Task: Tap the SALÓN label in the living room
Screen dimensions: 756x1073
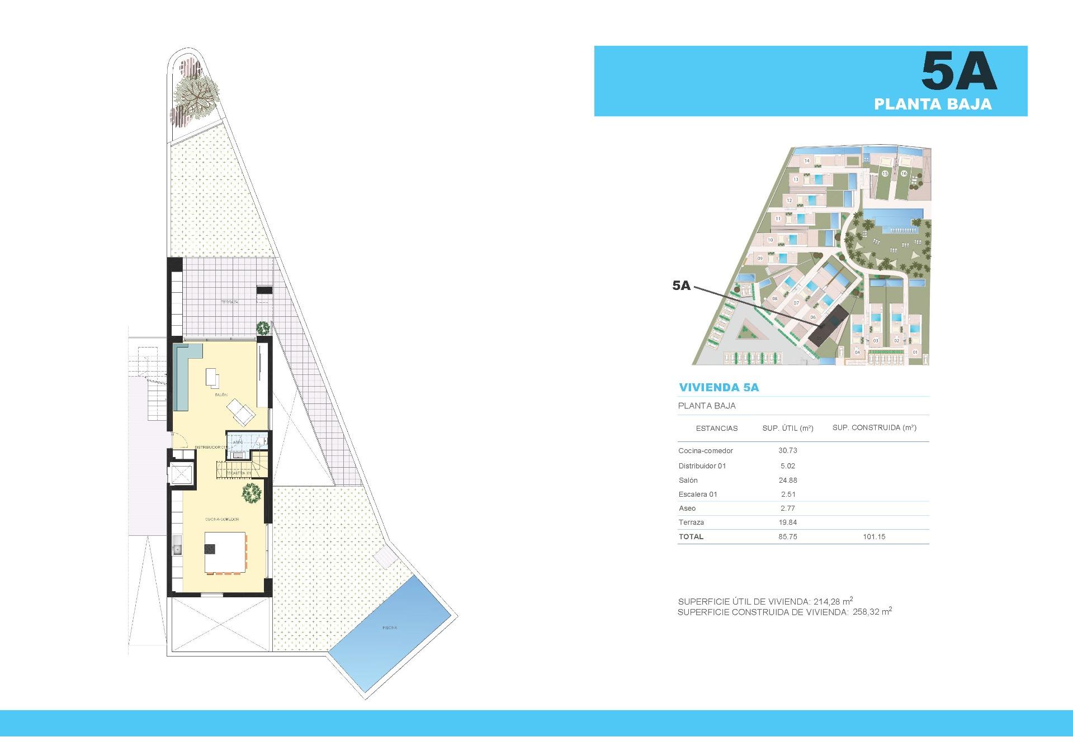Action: (x=221, y=395)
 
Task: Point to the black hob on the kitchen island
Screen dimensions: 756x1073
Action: (x=210, y=549)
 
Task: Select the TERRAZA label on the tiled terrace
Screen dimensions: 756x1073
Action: (x=229, y=302)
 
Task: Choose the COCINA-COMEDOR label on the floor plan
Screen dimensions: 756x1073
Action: (x=222, y=520)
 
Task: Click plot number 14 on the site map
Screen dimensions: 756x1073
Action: (x=807, y=161)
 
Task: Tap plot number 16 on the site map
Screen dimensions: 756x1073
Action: (x=904, y=174)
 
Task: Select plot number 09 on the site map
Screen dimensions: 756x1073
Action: (x=760, y=259)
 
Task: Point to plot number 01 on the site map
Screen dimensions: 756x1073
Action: (x=915, y=352)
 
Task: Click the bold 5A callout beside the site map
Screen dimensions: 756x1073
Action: (x=681, y=286)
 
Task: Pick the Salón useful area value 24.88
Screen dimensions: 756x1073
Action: (x=787, y=480)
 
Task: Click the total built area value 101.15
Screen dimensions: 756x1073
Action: (x=874, y=536)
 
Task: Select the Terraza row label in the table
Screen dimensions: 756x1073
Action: (x=691, y=522)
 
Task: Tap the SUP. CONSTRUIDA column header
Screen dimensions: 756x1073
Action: (x=874, y=428)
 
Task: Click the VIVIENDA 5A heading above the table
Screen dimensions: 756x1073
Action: (x=719, y=387)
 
